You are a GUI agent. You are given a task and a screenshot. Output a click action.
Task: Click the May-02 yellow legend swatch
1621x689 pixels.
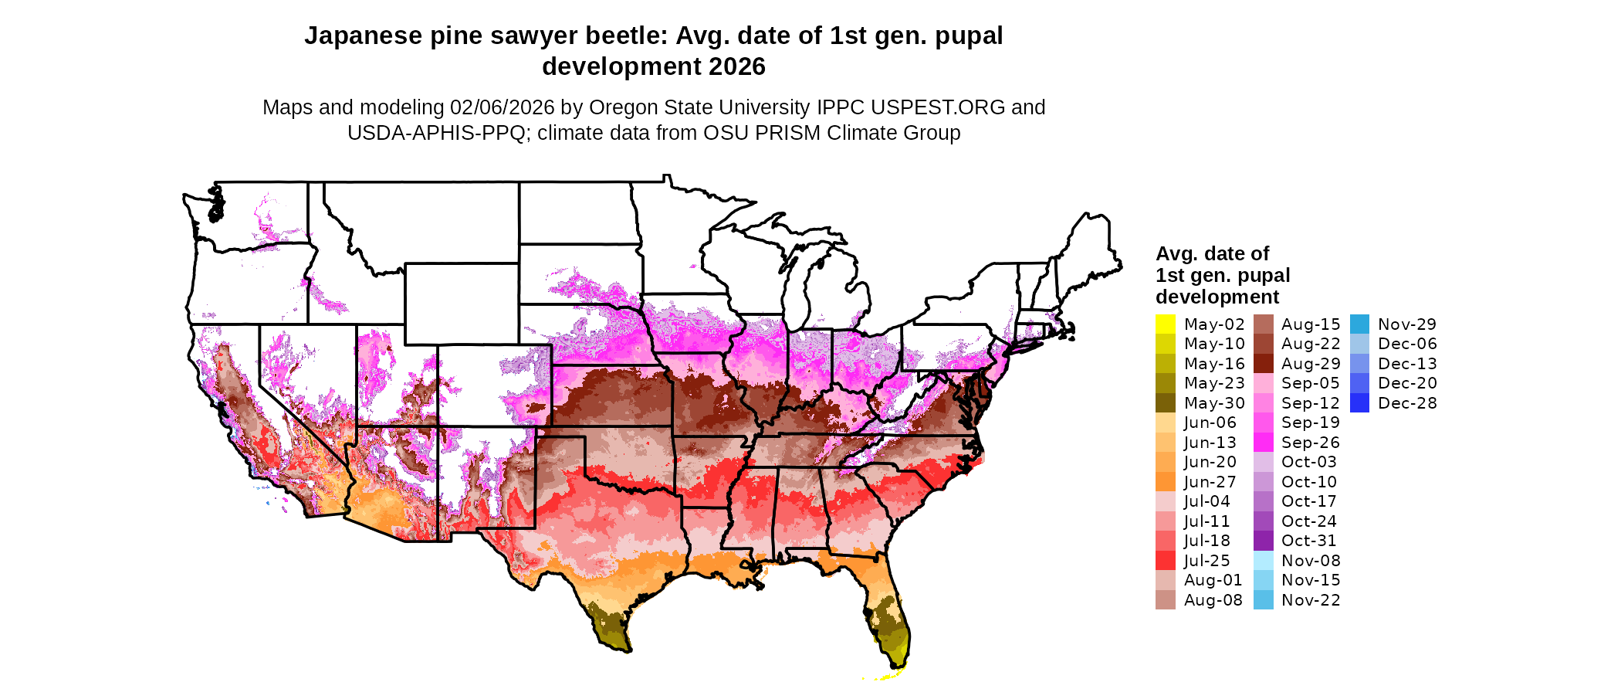coord(1165,324)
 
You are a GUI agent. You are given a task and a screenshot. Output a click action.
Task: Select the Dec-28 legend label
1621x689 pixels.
coord(1407,403)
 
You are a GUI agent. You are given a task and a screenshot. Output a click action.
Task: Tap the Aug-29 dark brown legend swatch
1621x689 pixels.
coord(1263,364)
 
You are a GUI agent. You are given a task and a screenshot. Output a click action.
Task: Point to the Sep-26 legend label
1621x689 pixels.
coord(1310,443)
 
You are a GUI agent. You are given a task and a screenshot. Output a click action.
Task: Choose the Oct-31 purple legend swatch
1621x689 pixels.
coord(1263,541)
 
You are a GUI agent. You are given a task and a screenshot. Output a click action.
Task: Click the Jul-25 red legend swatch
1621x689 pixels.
coord(1165,561)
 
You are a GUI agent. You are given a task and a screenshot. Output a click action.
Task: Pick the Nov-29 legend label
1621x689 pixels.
coord(1407,324)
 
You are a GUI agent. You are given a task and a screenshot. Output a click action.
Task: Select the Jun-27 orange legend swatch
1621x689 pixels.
coord(1165,482)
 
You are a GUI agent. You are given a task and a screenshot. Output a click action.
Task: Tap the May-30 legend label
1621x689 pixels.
coord(1214,403)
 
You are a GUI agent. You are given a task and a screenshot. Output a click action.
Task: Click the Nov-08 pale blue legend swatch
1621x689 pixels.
coord(1263,561)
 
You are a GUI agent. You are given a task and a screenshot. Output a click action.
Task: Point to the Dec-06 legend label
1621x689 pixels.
coord(1407,344)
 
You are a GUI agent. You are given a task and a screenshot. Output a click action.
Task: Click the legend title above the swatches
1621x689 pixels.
coord(1222,275)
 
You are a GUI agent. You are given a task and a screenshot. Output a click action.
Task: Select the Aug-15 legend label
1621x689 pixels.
coord(1310,324)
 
